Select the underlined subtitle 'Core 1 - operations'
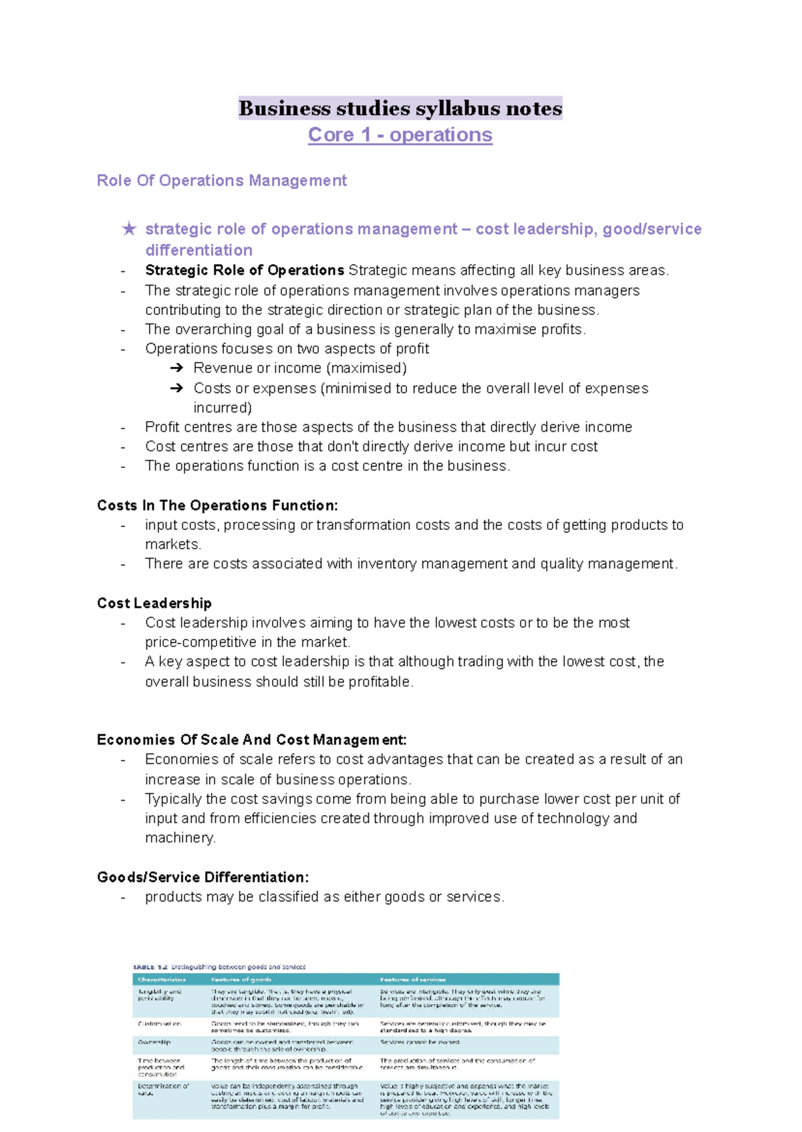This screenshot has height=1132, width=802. click(x=400, y=135)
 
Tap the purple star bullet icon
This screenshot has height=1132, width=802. click(x=129, y=229)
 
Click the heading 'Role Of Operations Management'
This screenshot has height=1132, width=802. click(x=221, y=180)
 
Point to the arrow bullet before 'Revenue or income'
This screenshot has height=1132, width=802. click(x=176, y=368)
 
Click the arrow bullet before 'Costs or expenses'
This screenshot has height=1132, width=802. click(x=176, y=388)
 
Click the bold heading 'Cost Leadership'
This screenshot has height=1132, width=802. click(x=154, y=603)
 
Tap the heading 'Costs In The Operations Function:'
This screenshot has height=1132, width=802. click(x=217, y=506)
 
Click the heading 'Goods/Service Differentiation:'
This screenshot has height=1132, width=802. click(x=203, y=877)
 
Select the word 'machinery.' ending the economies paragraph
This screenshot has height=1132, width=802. click(x=180, y=838)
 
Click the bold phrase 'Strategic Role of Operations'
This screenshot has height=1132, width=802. click(x=244, y=271)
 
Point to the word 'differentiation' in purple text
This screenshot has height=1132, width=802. click(x=198, y=251)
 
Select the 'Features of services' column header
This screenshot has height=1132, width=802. click(x=412, y=980)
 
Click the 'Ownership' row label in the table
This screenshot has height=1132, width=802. click(x=154, y=1042)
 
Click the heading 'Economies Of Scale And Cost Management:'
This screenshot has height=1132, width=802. click(x=251, y=740)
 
